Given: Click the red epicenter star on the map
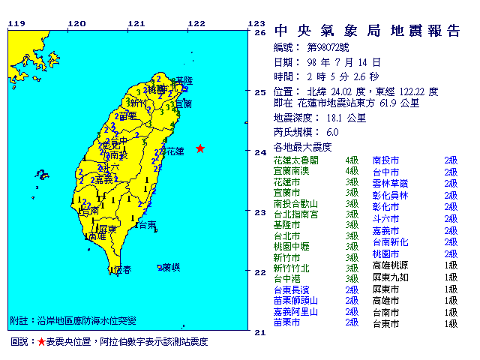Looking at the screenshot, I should pos(199,148).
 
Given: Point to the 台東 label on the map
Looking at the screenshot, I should pos(147,225).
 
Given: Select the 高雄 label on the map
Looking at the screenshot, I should pos(96,236).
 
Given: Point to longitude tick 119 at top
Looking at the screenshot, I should pos(16,23).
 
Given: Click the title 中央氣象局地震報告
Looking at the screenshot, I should pos(367,31).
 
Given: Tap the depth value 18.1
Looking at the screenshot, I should pos(336,118).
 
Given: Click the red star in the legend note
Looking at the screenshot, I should pos(40,342).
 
